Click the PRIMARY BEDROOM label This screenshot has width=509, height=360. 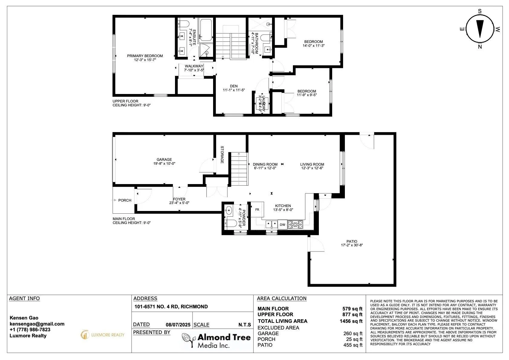(145, 56)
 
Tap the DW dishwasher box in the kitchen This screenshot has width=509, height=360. (282, 225)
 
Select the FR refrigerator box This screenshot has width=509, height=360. (257, 209)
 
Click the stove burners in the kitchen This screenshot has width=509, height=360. (295, 225)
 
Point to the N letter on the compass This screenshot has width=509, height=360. (480, 47)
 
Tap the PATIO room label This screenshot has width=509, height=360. (352, 242)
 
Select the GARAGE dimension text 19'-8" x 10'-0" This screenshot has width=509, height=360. (164, 164)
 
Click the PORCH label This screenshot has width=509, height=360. (125, 200)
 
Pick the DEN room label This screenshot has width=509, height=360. (234, 86)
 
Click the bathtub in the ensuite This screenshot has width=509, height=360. (206, 30)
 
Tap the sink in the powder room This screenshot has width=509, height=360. (229, 210)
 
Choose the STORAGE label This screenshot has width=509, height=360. (222, 154)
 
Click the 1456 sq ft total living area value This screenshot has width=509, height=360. (351, 321)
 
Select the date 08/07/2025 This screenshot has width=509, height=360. (178, 325)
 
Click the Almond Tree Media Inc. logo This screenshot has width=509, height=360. (216, 340)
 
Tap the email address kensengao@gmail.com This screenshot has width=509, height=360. (37, 324)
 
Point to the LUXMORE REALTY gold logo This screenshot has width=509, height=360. (102, 335)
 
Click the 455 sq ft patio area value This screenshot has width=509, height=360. (353, 345)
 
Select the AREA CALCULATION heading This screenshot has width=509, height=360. (281, 298)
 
